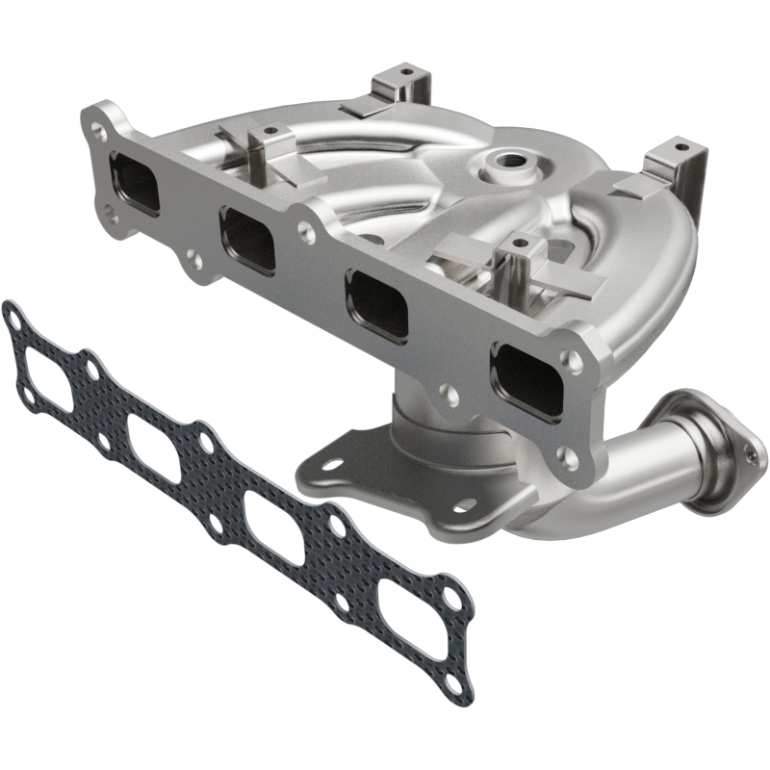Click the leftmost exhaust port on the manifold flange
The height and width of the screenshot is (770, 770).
[x=134, y=183]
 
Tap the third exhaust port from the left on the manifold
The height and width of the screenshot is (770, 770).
[x=376, y=303]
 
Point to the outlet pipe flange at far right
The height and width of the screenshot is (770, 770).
[x=710, y=449]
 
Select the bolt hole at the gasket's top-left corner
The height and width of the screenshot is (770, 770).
[x=13, y=313]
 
